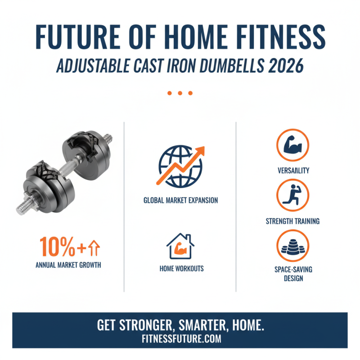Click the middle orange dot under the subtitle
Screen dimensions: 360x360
pos(180,93)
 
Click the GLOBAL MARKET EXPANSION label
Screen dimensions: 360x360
pos(180,200)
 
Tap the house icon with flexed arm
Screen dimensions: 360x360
pos(180,246)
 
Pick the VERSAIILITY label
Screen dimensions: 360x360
pos(292,171)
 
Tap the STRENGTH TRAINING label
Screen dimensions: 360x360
pos(292,221)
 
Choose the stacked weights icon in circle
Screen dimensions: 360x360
pos(293,247)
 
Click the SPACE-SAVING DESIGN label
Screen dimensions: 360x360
pos(293,274)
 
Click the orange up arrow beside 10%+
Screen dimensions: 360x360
pos(96,247)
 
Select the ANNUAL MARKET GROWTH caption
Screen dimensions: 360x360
pos(68,265)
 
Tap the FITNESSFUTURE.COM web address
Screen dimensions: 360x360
pos(180,339)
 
